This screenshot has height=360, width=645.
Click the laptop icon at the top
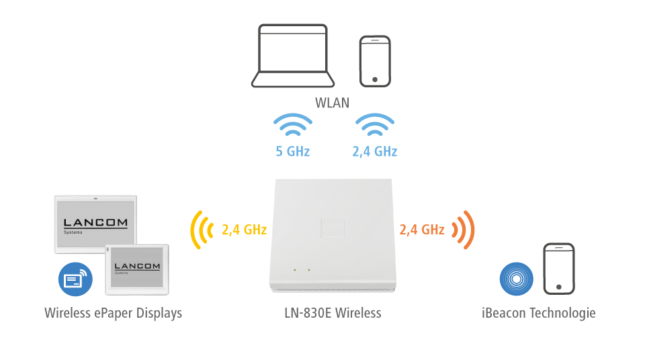coord(292,56)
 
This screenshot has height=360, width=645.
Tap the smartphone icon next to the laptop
coord(374,60)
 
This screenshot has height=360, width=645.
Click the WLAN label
coord(332,103)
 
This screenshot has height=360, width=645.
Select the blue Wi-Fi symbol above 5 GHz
coord(292,126)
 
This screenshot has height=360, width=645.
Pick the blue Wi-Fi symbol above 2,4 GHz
coord(374,126)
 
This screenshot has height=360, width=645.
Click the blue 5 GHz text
coord(292,151)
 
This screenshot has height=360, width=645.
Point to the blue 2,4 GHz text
coord(374,151)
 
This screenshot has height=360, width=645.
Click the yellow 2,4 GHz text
coord(244,230)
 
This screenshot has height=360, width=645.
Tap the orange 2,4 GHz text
coord(422,230)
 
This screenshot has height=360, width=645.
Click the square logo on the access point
coord(333,227)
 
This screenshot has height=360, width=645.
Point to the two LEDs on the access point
coord(301,270)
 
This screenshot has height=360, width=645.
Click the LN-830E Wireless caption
coord(332,313)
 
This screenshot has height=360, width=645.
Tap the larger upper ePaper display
coord(95,224)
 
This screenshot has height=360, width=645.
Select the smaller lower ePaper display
coord(137,267)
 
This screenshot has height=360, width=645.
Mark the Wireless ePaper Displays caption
coord(113,313)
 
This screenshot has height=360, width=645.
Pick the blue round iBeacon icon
coord(516,279)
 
